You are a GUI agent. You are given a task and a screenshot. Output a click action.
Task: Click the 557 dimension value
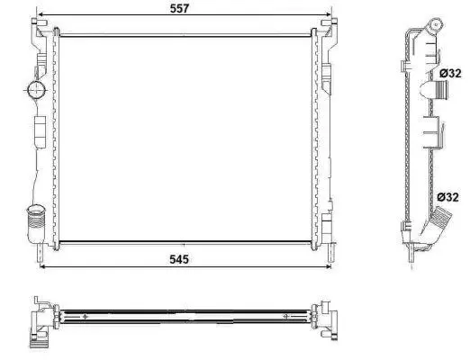click(x=179, y=8)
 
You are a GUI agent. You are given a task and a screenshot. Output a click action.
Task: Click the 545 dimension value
click(x=179, y=259)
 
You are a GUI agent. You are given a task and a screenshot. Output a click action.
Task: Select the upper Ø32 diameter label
click(x=450, y=73)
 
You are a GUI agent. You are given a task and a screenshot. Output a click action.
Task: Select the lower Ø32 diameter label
click(x=447, y=197)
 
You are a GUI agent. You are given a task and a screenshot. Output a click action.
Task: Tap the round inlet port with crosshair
click(x=36, y=89)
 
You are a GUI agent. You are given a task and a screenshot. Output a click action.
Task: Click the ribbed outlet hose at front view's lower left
click(x=36, y=221)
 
